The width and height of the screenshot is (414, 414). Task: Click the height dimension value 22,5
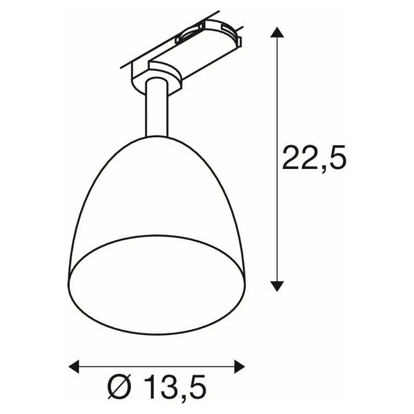(x=314, y=158)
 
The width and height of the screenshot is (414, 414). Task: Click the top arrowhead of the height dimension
(x=277, y=32)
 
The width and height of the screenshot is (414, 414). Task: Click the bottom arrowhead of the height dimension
(x=277, y=286)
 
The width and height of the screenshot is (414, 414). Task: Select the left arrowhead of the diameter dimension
(x=74, y=366)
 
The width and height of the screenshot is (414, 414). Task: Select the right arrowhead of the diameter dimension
(x=239, y=366)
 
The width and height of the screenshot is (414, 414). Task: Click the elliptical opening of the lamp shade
(x=156, y=285)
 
